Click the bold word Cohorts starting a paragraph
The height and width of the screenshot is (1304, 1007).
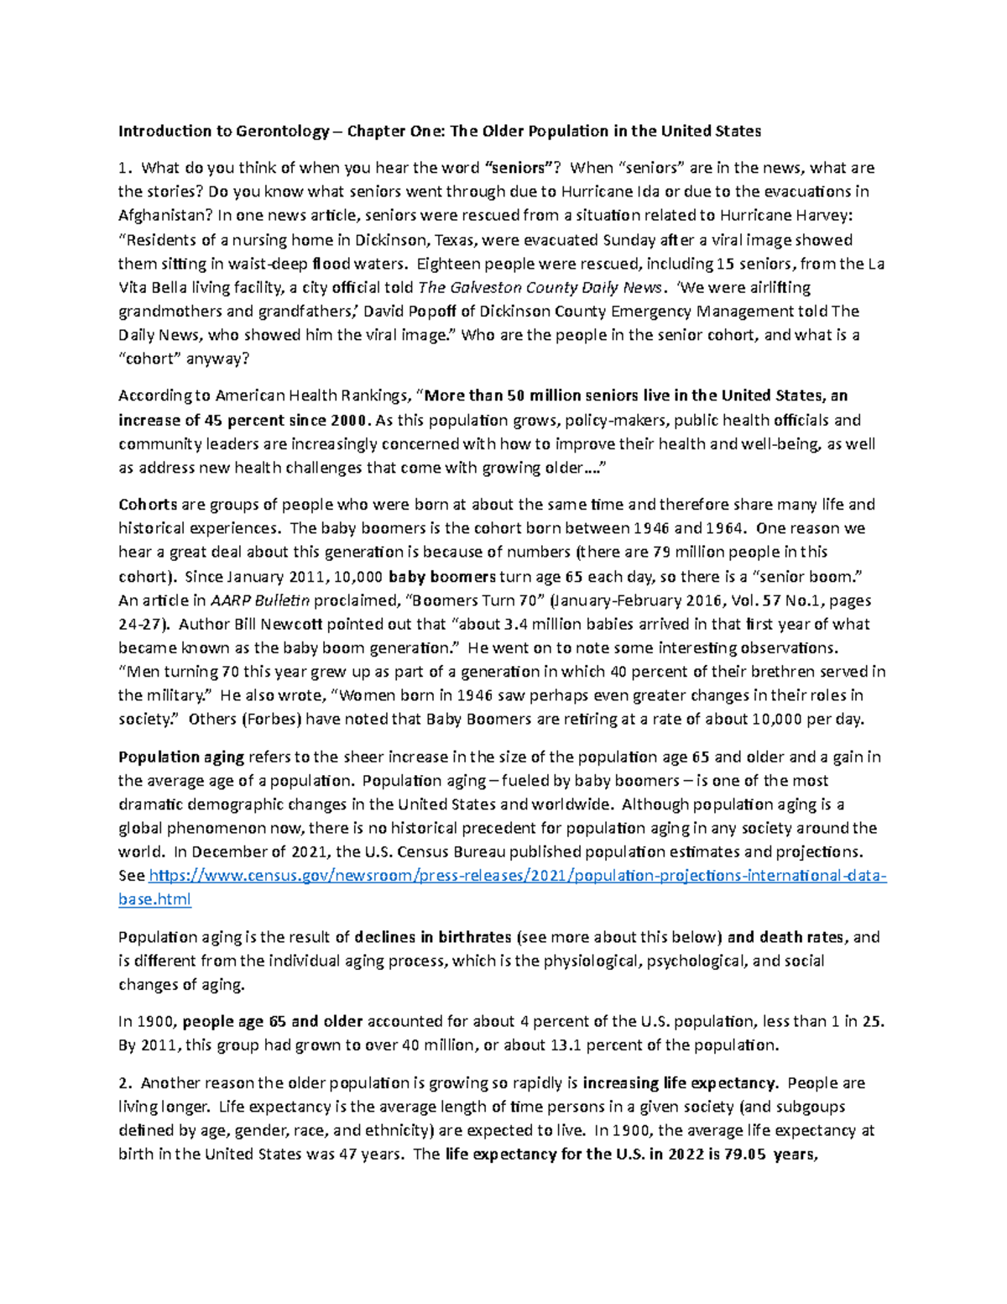[x=148, y=505]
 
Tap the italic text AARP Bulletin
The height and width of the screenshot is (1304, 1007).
[x=260, y=600]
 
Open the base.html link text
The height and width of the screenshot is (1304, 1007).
[x=154, y=899]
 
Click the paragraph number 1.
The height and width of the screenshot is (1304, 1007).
[x=123, y=168]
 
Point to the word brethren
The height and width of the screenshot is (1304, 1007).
[x=780, y=672]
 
